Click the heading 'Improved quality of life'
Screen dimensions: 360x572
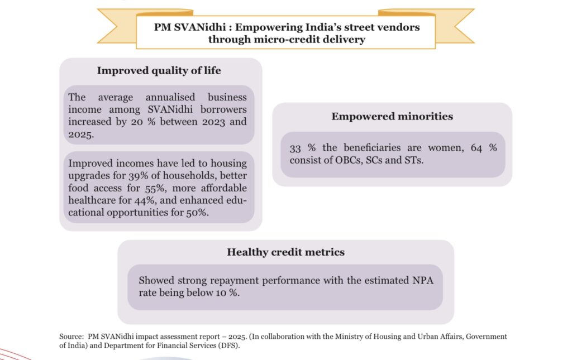coord(159,71)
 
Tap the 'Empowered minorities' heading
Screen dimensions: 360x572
coord(392,117)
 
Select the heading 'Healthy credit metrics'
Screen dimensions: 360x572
coord(285,252)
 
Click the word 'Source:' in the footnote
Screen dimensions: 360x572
coord(71,337)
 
